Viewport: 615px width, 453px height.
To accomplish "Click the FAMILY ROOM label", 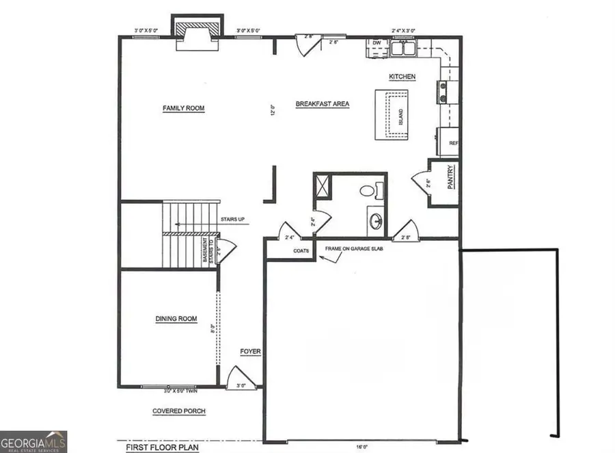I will pos(183,108).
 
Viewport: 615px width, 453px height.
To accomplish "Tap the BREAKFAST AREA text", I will pos(323,104).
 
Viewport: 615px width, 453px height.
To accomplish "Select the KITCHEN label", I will pos(402,77).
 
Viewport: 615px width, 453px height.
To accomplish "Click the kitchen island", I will pos(392,114).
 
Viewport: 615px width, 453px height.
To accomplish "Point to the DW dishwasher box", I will pos(376,43).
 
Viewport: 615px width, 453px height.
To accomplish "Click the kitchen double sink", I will pos(403,47).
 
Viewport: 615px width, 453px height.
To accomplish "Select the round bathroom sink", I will pos(375,220).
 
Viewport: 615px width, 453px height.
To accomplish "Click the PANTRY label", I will pos(451,183).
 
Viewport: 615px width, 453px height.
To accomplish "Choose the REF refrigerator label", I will pos(452,144).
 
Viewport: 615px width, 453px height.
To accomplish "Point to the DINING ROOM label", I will pos(176,319).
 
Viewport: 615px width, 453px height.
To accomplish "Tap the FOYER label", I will pos(250,352).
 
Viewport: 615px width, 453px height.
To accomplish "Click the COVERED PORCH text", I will pos(179,411).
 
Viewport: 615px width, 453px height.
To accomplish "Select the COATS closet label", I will pos(301,251).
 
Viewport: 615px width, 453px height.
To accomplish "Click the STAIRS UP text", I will pos(234,220).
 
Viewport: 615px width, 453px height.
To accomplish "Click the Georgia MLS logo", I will pos(33,441).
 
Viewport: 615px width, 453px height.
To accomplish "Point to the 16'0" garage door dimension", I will pos(362,446).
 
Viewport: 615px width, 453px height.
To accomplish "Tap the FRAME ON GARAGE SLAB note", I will pos(354,249).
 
